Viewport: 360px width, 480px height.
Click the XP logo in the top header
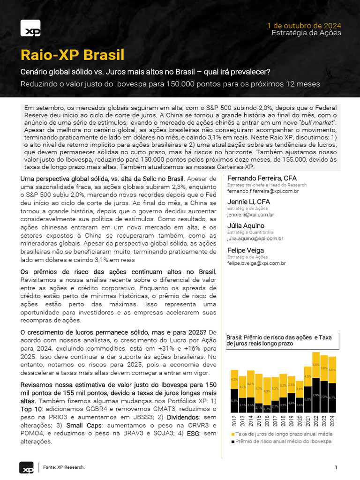coord(30,28)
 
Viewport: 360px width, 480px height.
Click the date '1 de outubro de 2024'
coord(304,25)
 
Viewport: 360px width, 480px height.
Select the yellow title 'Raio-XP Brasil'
coord(73,55)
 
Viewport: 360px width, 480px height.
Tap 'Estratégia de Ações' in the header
coord(306,33)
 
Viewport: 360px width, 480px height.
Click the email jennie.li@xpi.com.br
coord(251,215)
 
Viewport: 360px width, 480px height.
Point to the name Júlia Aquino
coord(246,225)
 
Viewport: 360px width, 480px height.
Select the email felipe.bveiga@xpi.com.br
coord(256,263)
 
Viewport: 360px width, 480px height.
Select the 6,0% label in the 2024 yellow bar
coord(332,370)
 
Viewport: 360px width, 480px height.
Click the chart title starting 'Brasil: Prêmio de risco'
coord(279,340)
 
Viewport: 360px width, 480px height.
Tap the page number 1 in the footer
coord(336,467)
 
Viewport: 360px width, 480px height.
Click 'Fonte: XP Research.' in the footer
coord(64,467)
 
